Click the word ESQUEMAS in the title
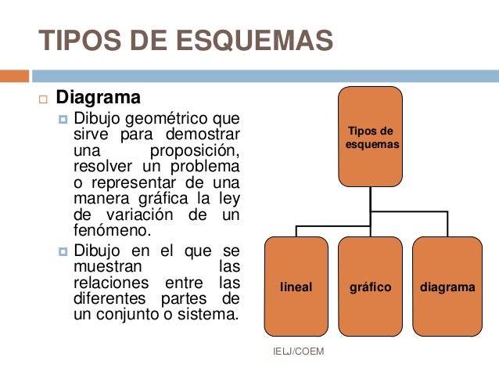(x=248, y=41)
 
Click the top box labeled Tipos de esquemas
(x=371, y=138)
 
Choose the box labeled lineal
(x=296, y=287)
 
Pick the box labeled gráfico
(x=371, y=287)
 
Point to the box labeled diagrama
(x=447, y=287)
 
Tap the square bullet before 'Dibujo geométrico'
(x=63, y=120)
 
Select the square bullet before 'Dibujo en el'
(x=63, y=251)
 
